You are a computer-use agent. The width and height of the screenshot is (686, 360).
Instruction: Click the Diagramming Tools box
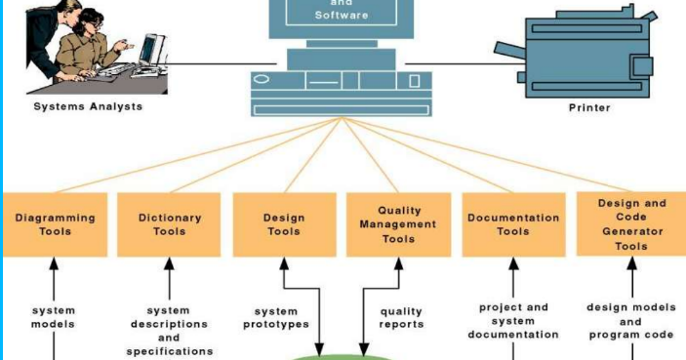[x=55, y=224]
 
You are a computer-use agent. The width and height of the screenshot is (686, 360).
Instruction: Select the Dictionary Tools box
[x=169, y=224]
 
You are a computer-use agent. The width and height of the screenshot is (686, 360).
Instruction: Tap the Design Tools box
[x=284, y=224]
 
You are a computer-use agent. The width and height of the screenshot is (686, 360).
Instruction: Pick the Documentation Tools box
[x=512, y=224]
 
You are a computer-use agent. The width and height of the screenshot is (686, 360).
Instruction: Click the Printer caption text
[x=589, y=107]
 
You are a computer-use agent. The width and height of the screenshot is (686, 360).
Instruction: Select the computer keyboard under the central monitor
[x=341, y=104]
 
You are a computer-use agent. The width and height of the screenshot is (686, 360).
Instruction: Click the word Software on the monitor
[x=341, y=16]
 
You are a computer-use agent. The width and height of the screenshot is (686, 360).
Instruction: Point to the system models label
[x=54, y=317]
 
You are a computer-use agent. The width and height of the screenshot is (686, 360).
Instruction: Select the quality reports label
[x=401, y=317]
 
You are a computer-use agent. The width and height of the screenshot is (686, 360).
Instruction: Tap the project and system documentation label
[x=513, y=320]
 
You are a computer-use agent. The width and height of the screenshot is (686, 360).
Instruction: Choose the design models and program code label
[x=631, y=320]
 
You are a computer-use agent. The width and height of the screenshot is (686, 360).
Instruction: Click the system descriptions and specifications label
[x=169, y=331]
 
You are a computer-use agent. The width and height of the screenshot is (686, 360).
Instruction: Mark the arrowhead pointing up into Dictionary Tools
[x=169, y=263]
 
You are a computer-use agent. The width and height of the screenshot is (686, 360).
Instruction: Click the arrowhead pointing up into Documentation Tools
[x=513, y=263]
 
